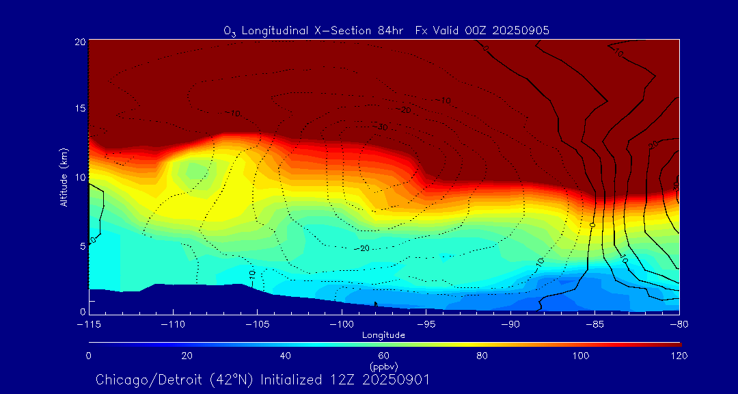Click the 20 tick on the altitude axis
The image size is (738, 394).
tap(79, 42)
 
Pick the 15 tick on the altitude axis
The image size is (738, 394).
tap(79, 109)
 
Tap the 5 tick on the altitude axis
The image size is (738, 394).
tap(82, 245)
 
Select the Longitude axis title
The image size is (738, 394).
tap(383, 335)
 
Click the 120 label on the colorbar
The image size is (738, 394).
tap(679, 356)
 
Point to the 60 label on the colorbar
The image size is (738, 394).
tap(383, 356)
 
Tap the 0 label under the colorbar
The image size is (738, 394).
tap(88, 356)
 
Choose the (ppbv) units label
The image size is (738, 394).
tap(383, 366)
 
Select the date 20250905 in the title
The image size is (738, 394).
tap(521, 30)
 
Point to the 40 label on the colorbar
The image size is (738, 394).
tap(285, 356)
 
